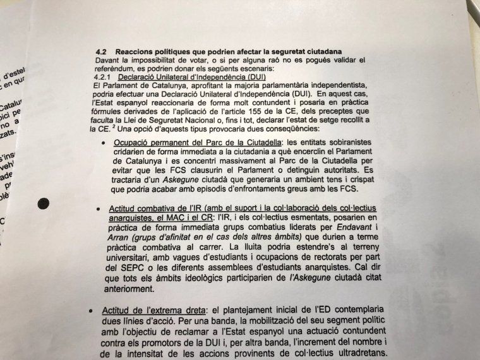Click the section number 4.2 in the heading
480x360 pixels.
pyautogui.click(x=101, y=51)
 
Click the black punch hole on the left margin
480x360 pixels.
pyautogui.click(x=44, y=203)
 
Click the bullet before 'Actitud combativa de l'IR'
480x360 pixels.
pyautogui.click(x=99, y=209)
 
